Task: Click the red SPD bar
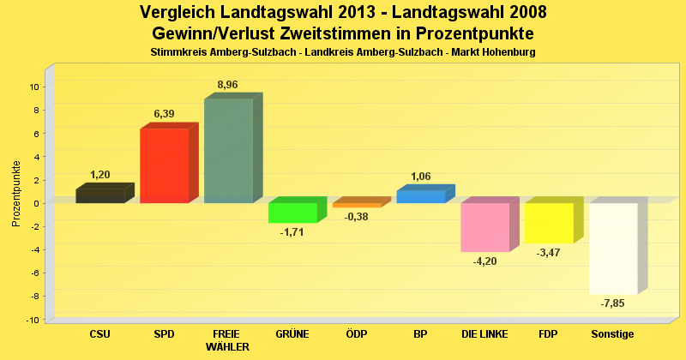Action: tap(164, 165)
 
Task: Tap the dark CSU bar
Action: tap(99, 195)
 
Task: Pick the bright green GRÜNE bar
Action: tap(292, 213)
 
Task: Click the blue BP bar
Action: tap(421, 196)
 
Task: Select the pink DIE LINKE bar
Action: tap(484, 227)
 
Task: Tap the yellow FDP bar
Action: tap(549, 223)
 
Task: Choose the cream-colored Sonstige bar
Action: tap(613, 249)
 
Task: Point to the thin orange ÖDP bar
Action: tap(357, 205)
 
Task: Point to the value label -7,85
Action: tap(613, 303)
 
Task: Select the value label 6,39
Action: tap(164, 113)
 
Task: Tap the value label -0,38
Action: tap(357, 217)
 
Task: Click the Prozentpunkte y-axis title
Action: tap(16, 194)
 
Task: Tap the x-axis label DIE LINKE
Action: tap(484, 333)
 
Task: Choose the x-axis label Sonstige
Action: tap(613, 333)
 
